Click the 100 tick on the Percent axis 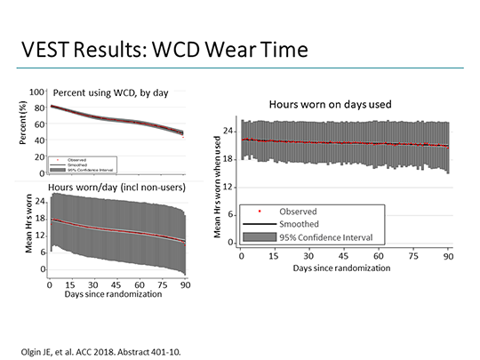[36, 92]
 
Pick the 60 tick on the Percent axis [38, 124]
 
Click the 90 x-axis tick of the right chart [449, 256]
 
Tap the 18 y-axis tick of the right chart [229, 159]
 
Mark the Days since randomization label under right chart [344, 269]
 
